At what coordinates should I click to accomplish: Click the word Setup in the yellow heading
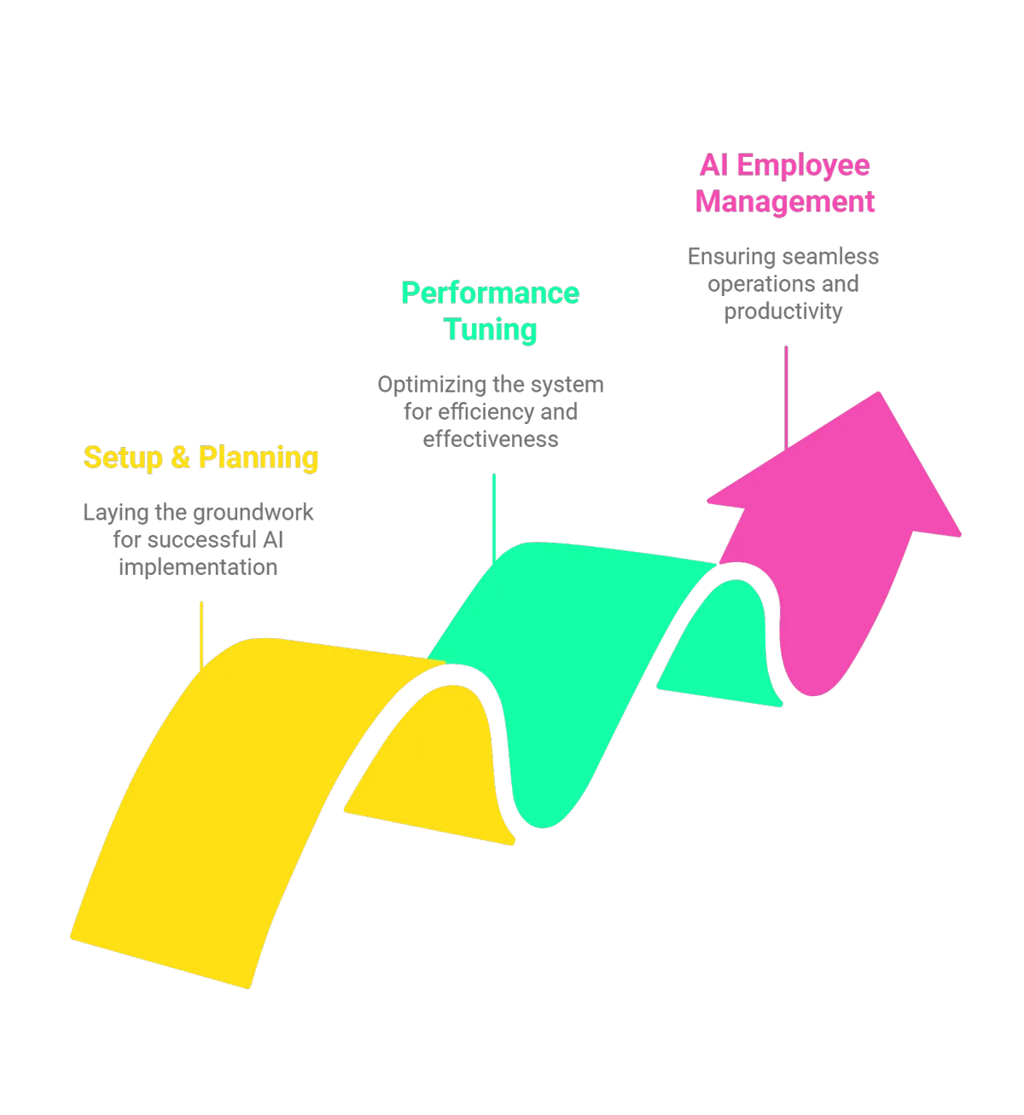point(123,458)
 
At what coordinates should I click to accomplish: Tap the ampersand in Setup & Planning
point(181,457)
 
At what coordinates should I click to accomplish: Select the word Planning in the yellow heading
point(259,459)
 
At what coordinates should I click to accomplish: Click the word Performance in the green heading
point(490,293)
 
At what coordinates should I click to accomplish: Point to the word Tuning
point(490,330)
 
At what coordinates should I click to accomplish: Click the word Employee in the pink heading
point(803,166)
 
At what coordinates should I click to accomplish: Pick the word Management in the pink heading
point(785,201)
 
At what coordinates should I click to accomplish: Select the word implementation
point(198,567)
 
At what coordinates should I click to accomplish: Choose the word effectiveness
point(491,439)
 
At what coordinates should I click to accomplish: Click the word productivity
point(783,311)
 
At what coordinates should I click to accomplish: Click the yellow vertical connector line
point(201,636)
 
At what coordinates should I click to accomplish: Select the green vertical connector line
point(494,519)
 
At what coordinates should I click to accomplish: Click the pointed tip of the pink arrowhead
point(879,393)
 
